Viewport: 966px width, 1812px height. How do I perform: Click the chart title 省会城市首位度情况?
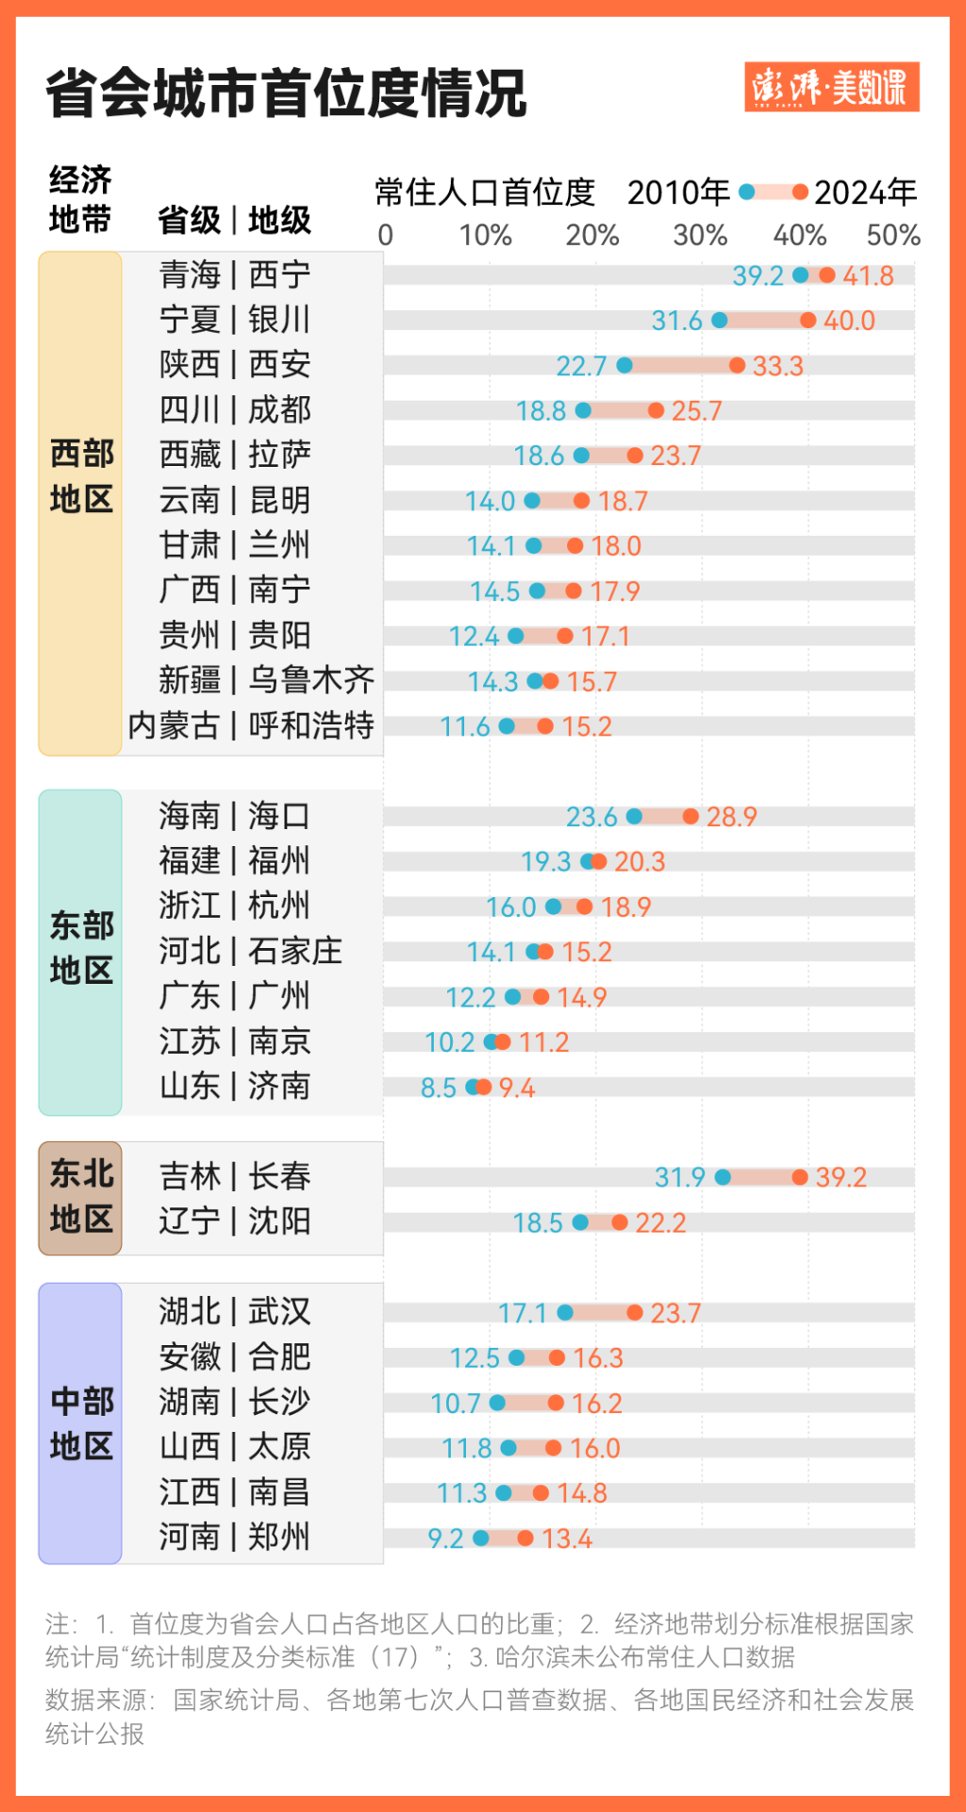[x=286, y=93]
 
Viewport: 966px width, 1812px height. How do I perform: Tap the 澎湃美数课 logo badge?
[x=831, y=88]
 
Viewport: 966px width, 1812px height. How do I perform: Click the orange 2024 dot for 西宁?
[x=827, y=275]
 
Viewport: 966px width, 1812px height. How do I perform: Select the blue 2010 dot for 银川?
[x=720, y=321]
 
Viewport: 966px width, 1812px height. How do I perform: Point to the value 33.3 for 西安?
[x=777, y=366]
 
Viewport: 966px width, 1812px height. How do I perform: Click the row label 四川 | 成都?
[x=235, y=410]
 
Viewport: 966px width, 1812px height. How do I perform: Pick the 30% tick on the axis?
[x=699, y=235]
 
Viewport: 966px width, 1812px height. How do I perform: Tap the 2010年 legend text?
[x=678, y=192]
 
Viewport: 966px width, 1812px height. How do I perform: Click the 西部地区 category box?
[x=80, y=503]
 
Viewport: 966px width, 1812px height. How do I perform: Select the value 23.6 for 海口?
[x=591, y=817]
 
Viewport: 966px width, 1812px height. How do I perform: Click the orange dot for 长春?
[x=800, y=1177]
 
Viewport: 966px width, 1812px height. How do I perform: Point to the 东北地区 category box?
[x=80, y=1198]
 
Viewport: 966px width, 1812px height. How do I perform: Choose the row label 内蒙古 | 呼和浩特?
[x=251, y=726]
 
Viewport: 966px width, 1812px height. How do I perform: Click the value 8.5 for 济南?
[x=438, y=1089]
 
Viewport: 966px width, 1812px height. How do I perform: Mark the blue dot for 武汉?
[x=565, y=1313]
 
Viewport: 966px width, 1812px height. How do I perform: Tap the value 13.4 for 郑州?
[x=567, y=1539]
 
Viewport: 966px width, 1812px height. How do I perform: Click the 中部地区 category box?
[x=80, y=1423]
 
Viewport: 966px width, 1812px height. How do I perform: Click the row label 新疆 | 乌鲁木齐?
[x=266, y=681]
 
